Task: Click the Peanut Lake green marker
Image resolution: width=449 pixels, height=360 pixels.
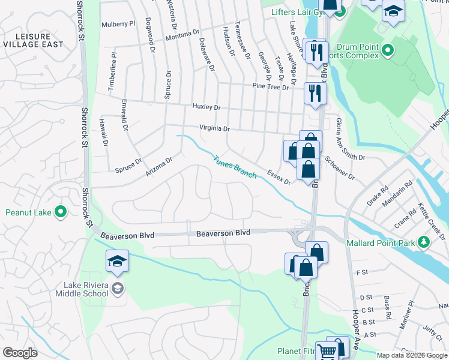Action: click(x=61, y=212)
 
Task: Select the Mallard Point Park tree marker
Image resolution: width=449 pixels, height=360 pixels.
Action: click(x=424, y=243)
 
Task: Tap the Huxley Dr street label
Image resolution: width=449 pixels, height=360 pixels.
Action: click(x=206, y=107)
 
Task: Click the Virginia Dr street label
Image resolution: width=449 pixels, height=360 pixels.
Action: click(x=214, y=128)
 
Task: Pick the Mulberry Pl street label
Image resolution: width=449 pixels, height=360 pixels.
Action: click(x=118, y=24)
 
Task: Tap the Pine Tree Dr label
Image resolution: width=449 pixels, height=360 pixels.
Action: click(x=270, y=87)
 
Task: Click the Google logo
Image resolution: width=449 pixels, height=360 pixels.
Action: click(x=20, y=353)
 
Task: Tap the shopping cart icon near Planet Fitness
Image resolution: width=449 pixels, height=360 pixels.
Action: click(x=327, y=352)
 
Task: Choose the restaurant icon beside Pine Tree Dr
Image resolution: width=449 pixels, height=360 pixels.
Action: click(x=315, y=93)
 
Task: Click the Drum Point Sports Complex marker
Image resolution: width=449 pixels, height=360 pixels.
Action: click(x=388, y=51)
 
